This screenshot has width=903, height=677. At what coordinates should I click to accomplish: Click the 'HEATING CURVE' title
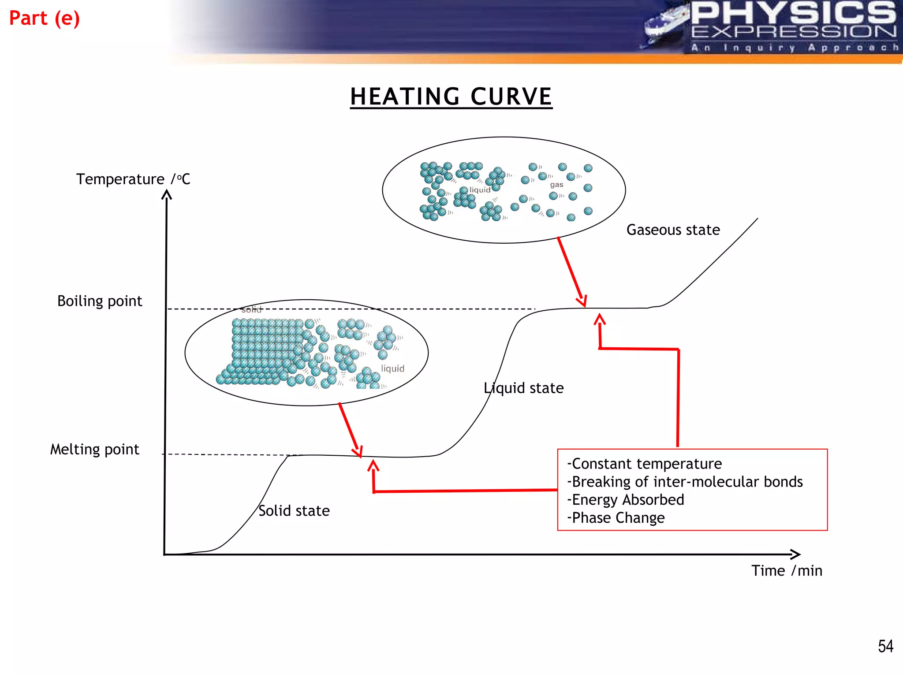tap(451, 97)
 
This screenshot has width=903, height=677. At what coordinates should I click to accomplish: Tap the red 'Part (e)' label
tap(45, 19)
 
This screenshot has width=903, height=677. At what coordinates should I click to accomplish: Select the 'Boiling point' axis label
tap(100, 301)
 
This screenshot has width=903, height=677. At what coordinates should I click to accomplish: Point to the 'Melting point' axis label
tap(94, 450)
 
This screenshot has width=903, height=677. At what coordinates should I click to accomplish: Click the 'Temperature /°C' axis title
tap(133, 179)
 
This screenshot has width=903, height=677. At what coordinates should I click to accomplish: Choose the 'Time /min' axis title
tap(787, 571)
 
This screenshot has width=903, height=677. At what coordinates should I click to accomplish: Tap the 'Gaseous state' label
tap(673, 230)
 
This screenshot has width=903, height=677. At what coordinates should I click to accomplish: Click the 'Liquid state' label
tap(524, 388)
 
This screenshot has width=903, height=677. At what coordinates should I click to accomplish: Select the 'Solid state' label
tap(294, 511)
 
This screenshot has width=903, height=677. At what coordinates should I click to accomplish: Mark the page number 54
tap(885, 646)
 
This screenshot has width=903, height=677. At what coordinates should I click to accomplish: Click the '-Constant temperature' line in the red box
tap(645, 464)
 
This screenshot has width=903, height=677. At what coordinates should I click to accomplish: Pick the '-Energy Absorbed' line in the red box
tap(626, 500)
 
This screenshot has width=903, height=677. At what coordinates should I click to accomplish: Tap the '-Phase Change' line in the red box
tap(616, 518)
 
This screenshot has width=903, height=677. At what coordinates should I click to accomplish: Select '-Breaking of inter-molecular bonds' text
tap(685, 482)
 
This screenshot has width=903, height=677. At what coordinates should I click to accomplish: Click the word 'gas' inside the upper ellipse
tap(556, 185)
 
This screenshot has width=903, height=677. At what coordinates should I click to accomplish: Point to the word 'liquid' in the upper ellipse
tap(480, 190)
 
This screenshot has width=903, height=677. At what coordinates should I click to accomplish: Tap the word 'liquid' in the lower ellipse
tap(392, 368)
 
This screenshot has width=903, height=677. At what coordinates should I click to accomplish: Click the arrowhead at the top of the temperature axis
tap(167, 194)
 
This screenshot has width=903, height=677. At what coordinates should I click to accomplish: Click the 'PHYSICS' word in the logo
tap(793, 13)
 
